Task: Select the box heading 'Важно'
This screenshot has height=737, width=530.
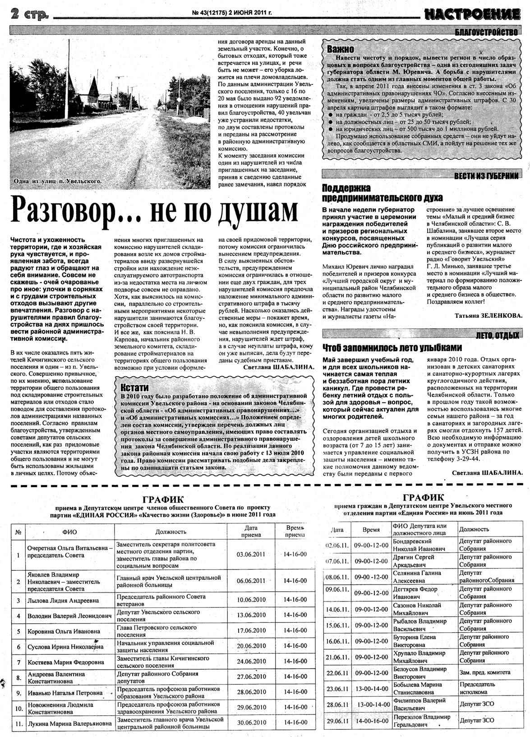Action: (x=341, y=49)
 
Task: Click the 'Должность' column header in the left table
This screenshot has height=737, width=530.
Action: (x=171, y=532)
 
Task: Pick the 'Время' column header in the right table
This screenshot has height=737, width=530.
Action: (x=371, y=530)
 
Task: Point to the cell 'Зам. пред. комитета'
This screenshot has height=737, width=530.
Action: (x=484, y=672)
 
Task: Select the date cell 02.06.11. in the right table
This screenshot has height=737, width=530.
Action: (x=338, y=545)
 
